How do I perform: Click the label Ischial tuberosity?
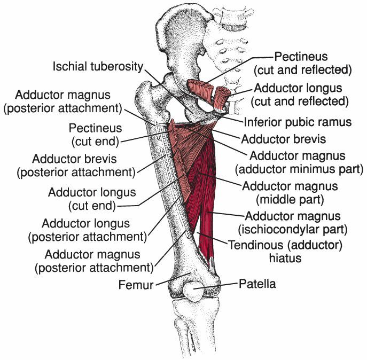point(98,67)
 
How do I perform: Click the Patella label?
point(257,284)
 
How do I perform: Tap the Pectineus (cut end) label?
point(95,135)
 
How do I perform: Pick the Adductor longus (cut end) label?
point(92,198)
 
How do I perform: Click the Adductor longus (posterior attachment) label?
point(93,229)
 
